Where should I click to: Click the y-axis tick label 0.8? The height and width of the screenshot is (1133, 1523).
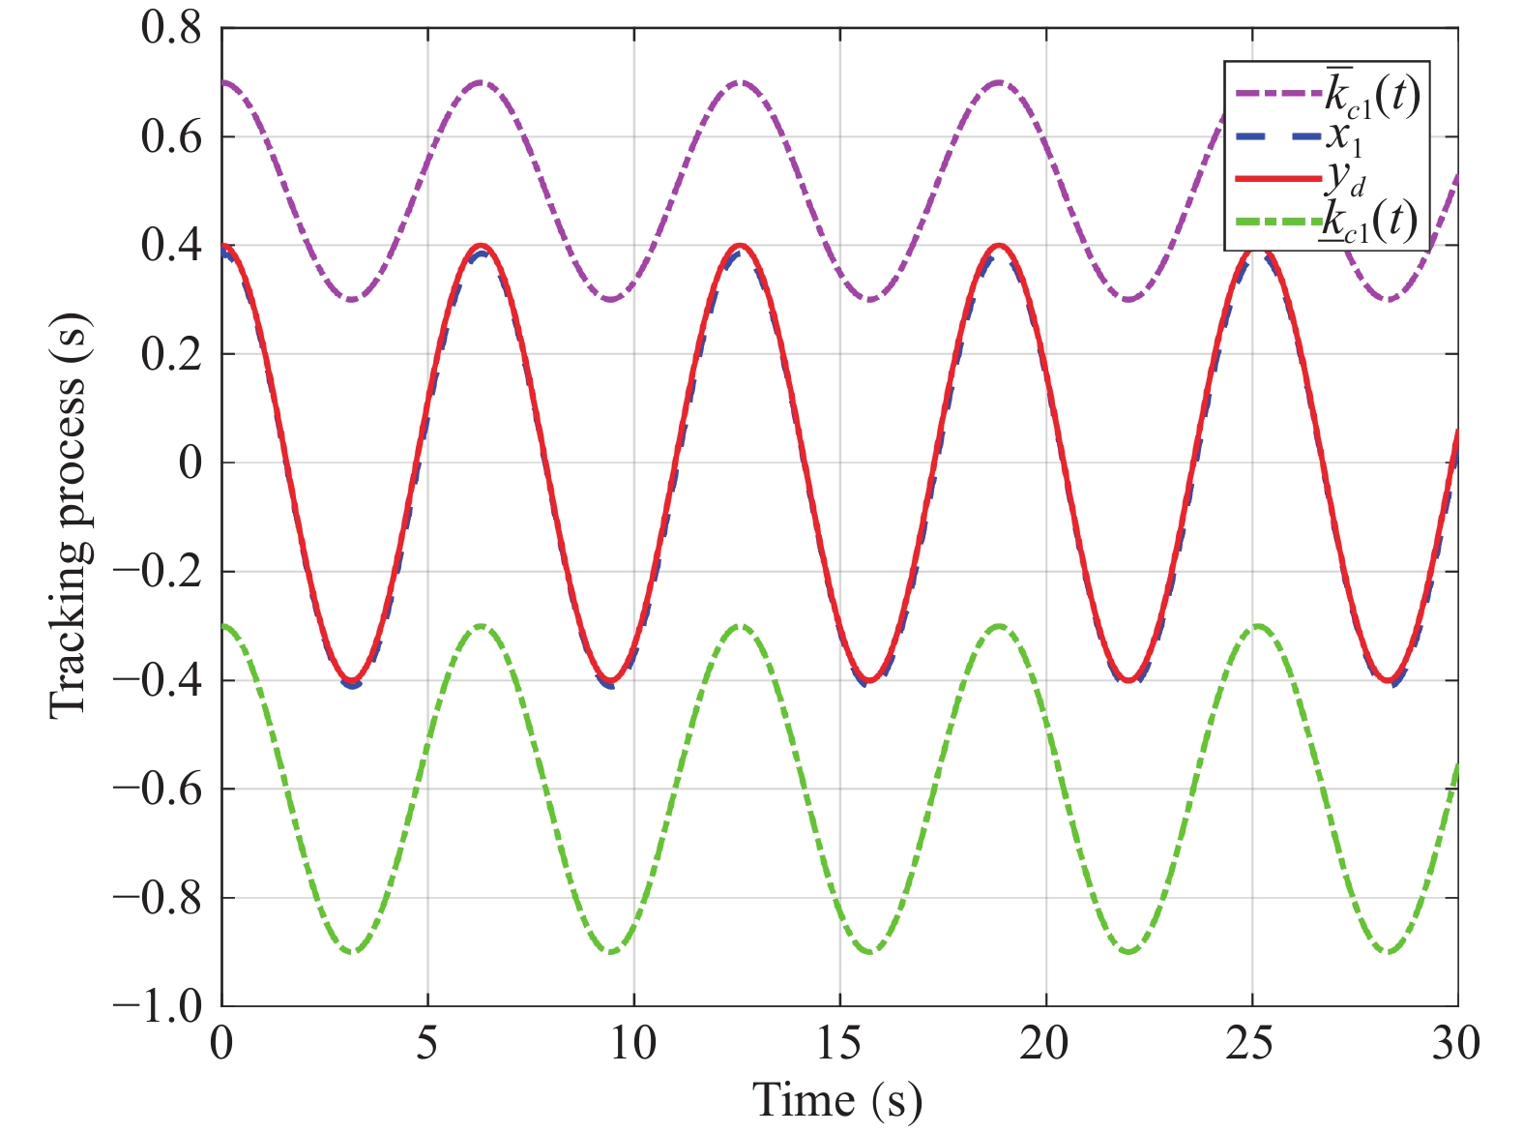171,28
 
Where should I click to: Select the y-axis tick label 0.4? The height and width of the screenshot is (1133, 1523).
171,246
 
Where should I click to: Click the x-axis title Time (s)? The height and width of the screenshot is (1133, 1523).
837,1100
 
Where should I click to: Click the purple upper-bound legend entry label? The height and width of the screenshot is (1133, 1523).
1372,95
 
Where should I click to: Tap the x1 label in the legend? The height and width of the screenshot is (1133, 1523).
1344,137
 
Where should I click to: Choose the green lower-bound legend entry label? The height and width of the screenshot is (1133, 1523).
1370,222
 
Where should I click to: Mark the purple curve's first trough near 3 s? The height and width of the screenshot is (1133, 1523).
352,299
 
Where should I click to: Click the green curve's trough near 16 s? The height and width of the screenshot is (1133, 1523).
870,952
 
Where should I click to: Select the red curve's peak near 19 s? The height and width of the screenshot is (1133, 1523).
999,246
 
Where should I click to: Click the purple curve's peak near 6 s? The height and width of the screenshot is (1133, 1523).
482,82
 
